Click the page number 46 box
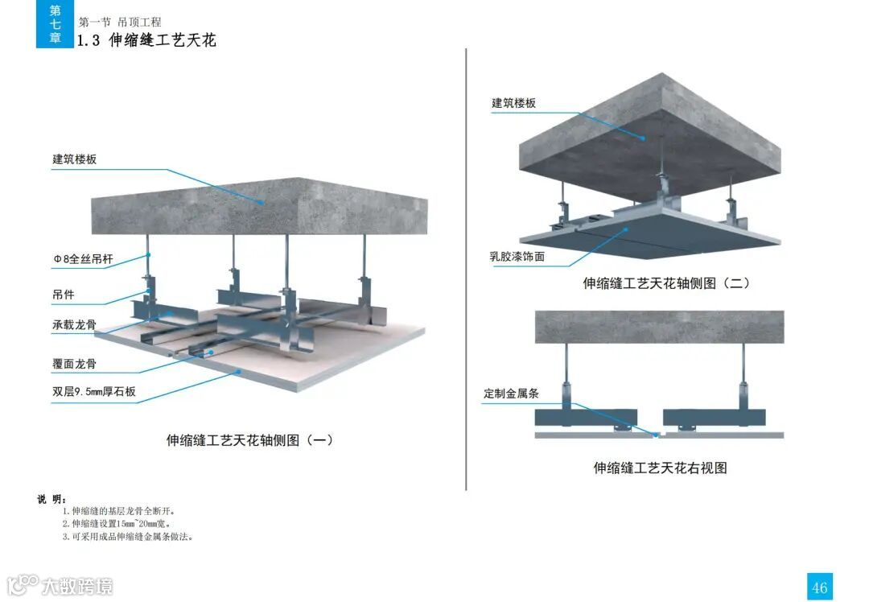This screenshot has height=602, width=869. pyautogui.click(x=819, y=587)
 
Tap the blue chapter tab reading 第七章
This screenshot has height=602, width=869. pyautogui.click(x=55, y=24)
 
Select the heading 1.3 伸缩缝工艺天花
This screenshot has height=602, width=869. pyautogui.click(x=146, y=40)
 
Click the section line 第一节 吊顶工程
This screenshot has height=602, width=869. pyautogui.click(x=120, y=22)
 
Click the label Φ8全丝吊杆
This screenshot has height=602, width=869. pyautogui.click(x=84, y=260)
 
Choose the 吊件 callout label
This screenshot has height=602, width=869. pyautogui.click(x=64, y=295)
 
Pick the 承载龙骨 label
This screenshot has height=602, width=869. pyautogui.click(x=75, y=325)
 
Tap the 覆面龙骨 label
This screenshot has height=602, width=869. pyautogui.click(x=75, y=364)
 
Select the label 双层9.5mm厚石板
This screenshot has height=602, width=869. pyautogui.click(x=94, y=393)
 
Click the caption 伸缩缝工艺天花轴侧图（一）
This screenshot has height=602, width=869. pyautogui.click(x=249, y=440)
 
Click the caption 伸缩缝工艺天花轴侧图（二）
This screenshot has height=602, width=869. pyautogui.click(x=666, y=283)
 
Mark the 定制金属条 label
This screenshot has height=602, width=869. pyautogui.click(x=511, y=394)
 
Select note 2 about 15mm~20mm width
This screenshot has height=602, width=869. pyautogui.click(x=121, y=524)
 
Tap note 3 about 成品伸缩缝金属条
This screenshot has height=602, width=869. pyautogui.click(x=128, y=536)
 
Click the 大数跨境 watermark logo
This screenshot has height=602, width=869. pyautogui.click(x=60, y=585)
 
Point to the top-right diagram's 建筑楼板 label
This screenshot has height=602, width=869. pyautogui.click(x=514, y=103)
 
